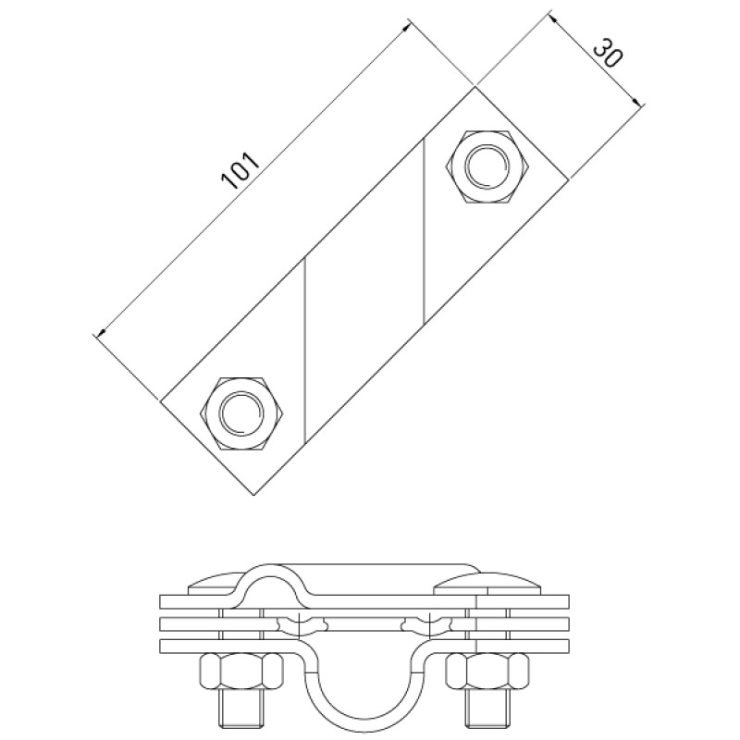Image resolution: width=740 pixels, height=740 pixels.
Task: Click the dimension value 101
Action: pos(240,170)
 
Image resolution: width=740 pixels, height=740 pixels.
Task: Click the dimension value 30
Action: pos(607,55)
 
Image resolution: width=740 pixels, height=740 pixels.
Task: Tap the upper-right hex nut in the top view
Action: pos(487,166)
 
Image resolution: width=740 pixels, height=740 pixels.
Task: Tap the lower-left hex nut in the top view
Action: pos(242,413)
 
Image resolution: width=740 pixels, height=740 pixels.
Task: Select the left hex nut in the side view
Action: pos(242,673)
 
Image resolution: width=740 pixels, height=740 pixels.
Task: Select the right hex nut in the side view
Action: pos(487,673)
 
